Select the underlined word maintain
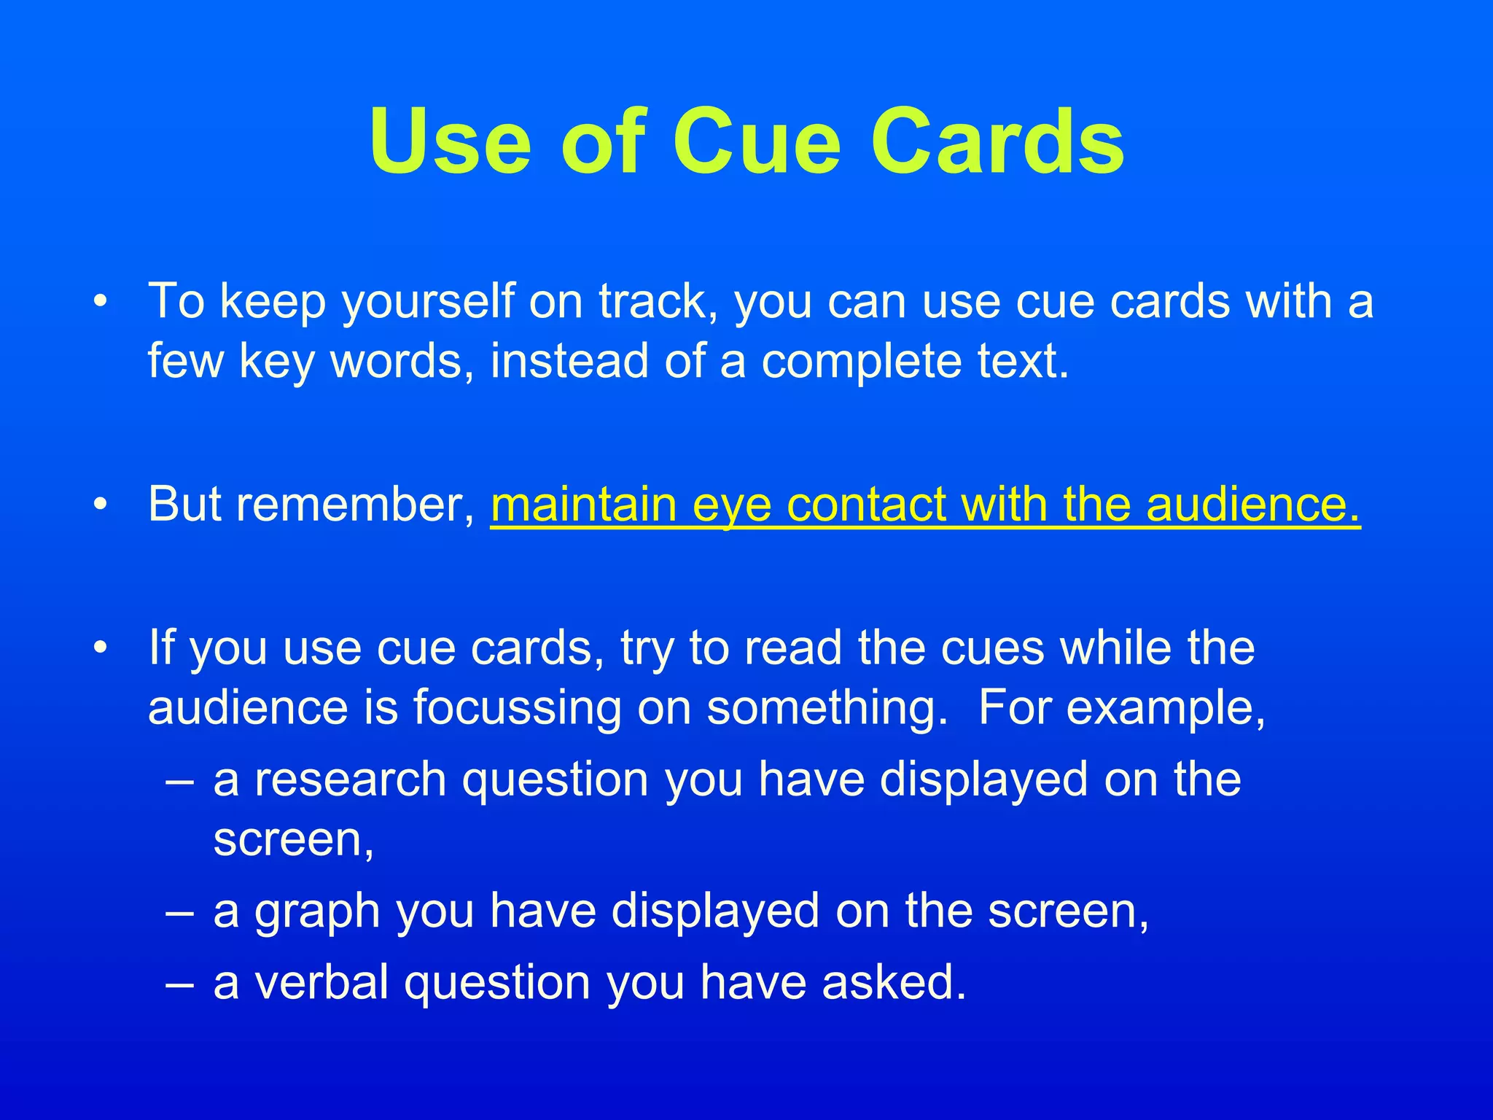click(x=585, y=504)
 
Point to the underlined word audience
click(x=1253, y=504)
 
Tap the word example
click(x=1166, y=709)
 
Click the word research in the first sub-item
click(x=350, y=779)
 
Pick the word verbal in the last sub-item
click(x=321, y=981)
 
